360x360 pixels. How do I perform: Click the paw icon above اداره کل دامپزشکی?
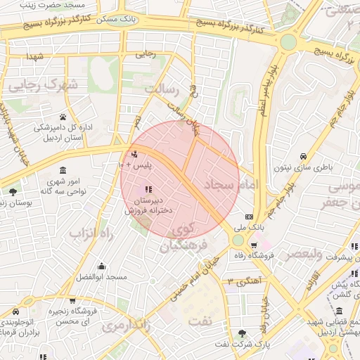pos(63,117)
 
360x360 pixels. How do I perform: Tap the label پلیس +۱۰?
pos(132,165)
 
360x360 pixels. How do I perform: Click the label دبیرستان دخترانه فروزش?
pos(148,205)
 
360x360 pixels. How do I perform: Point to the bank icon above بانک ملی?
pos(249,217)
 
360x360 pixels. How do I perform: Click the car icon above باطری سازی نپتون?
pos(302,156)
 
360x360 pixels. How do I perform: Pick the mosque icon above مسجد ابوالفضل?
pos(102,266)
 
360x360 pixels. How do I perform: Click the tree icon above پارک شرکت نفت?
pos(243,333)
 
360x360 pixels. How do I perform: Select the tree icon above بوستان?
pos(13,191)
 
